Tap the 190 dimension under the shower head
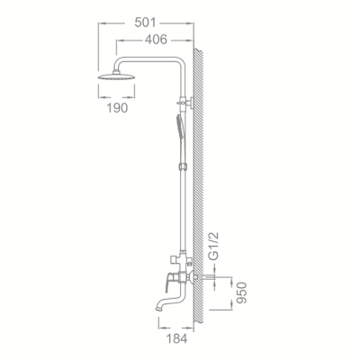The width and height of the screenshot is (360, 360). tap(116, 107)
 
